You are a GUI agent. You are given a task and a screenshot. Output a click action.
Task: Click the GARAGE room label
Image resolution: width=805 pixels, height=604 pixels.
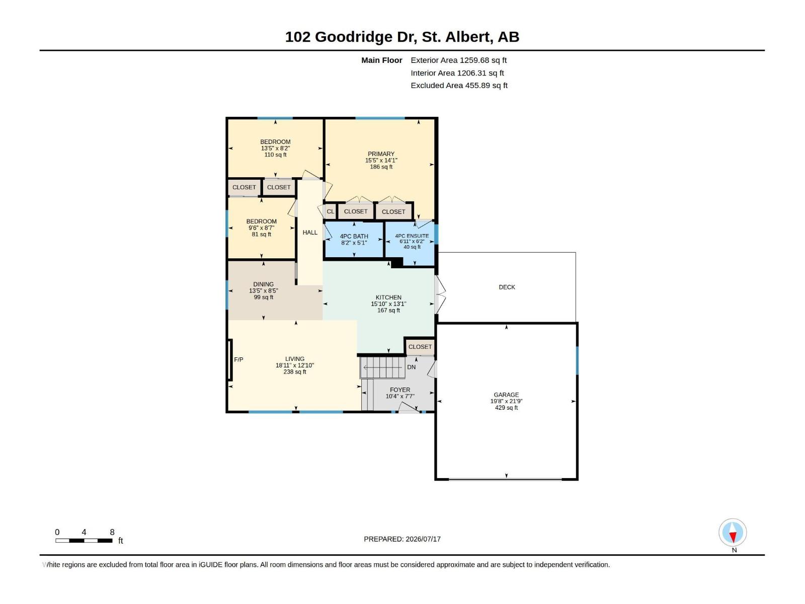click(506, 395)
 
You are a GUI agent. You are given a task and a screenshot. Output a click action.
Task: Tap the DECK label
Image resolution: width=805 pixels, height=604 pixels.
click(507, 287)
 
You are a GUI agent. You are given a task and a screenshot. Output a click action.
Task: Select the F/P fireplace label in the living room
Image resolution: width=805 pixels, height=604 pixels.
click(238, 359)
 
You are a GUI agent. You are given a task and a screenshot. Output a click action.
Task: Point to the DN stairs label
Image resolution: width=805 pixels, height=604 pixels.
click(411, 367)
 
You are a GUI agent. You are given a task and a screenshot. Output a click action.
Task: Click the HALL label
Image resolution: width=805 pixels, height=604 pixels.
click(310, 233)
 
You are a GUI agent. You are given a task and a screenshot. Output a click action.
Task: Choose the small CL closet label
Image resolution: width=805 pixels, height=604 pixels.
click(331, 211)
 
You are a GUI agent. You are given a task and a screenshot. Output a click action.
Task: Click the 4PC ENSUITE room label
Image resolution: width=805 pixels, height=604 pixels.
click(412, 236)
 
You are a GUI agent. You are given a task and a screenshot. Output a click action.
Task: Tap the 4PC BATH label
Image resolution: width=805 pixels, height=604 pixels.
click(354, 237)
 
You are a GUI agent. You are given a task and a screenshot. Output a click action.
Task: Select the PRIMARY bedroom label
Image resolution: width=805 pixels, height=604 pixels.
click(381, 154)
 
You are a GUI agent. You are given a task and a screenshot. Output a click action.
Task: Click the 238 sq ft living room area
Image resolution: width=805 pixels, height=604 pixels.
click(295, 372)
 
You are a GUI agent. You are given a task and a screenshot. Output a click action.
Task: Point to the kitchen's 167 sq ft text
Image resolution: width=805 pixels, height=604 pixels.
click(388, 310)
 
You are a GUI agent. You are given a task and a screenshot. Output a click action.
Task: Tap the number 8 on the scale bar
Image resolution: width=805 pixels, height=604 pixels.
click(112, 532)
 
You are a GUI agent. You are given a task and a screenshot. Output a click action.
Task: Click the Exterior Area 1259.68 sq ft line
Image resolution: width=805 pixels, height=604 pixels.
click(458, 60)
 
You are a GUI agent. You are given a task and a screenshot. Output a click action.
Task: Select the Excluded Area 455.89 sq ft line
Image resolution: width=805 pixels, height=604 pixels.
click(459, 86)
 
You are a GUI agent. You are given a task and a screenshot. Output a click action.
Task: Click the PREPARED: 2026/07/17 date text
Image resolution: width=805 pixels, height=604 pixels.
click(403, 539)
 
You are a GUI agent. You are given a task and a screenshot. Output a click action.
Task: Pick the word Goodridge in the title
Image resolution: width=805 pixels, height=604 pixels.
click(354, 37)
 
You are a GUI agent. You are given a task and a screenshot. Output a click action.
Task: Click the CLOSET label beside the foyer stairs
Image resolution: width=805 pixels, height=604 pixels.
click(420, 347)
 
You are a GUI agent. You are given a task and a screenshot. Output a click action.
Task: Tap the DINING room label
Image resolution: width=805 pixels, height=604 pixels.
click(263, 284)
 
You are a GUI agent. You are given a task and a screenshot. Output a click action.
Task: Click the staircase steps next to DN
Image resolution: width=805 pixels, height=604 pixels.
click(382, 367)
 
